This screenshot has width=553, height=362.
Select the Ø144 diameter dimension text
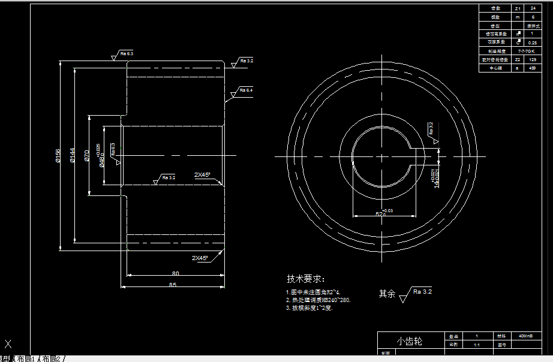71,155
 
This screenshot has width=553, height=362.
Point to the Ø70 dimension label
86,155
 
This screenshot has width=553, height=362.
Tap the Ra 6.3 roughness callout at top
127,54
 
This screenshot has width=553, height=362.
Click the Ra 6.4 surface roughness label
246,90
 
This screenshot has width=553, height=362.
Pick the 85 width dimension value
174,284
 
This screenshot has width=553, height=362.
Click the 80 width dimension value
176,273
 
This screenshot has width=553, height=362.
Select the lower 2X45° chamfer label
200,258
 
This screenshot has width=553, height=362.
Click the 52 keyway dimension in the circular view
380,213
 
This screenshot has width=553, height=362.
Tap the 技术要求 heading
305,279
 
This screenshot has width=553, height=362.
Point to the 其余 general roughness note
387,294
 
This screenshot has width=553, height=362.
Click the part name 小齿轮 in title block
409,341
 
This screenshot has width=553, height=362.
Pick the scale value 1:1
476,345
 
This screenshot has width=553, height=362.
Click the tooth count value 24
532,8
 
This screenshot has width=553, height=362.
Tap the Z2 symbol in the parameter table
517,60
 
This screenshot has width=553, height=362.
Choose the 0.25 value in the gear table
532,43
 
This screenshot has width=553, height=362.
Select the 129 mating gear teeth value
532,60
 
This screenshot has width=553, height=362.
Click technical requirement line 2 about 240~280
318,300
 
